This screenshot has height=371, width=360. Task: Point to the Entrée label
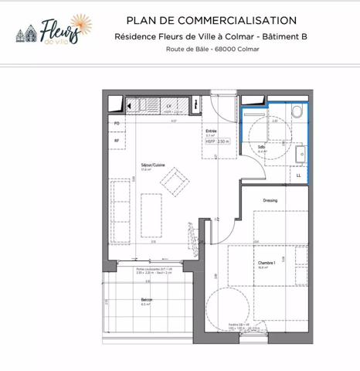pyautogui.click(x=210, y=131)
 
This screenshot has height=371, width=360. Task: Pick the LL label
pyautogui.click(x=298, y=175)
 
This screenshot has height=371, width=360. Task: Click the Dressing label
pyautogui.click(x=270, y=200)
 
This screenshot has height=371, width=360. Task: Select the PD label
pyautogui.click(x=117, y=123)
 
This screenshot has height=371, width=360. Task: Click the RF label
pyautogui.click(x=117, y=141)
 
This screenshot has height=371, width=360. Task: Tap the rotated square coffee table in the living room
pyautogui.click(x=175, y=182)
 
